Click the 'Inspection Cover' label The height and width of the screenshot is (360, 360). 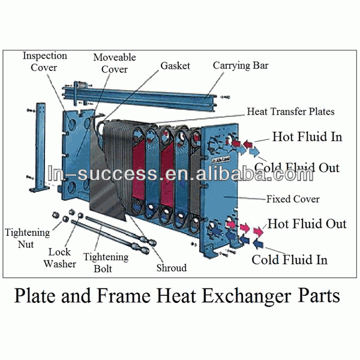tap(44, 61)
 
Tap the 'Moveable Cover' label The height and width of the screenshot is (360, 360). tap(114, 63)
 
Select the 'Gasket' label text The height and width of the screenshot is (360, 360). tap(176, 65)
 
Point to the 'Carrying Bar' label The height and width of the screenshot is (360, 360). tap(240, 65)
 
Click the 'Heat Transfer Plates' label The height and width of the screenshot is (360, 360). tap(291, 112)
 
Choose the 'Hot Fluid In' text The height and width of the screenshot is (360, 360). tap(307, 137)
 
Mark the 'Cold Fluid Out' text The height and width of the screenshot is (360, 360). tap(296, 167)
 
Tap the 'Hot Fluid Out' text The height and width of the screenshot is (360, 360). tap(307, 224)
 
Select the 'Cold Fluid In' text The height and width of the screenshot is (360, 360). tap(289, 259)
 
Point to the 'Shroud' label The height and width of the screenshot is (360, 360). tap(171, 268)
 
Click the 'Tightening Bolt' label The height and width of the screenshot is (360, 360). tap(106, 262)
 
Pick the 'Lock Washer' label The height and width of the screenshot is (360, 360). tap(62, 258)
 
